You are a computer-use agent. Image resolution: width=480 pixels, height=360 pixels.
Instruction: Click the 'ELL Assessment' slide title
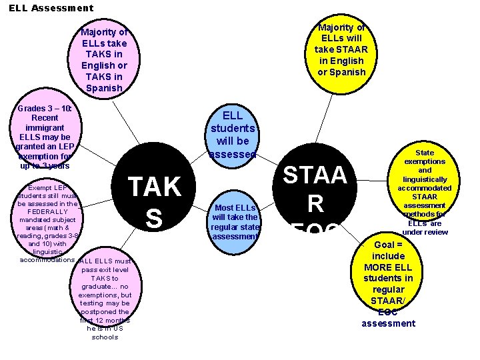click(x=51, y=8)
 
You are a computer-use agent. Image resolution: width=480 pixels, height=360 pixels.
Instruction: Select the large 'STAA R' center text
click(x=315, y=190)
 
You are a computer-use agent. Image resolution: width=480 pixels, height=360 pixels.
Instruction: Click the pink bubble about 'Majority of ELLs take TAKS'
click(x=104, y=60)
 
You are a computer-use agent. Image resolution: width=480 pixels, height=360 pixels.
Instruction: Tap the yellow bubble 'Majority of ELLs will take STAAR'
click(x=341, y=50)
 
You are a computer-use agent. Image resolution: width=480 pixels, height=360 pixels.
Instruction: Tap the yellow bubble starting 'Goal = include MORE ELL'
click(x=388, y=283)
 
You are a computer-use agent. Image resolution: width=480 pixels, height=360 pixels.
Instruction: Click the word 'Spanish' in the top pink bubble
click(x=104, y=88)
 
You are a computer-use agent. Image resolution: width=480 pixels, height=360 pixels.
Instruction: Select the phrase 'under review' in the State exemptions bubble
click(x=425, y=232)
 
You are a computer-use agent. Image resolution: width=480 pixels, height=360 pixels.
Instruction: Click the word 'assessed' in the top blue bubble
click(x=233, y=154)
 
